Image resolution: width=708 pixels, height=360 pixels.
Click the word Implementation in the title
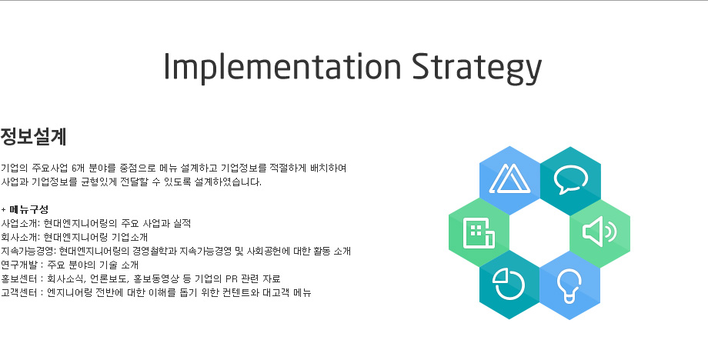point(282,66)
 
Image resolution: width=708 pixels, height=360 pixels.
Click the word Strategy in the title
point(477,68)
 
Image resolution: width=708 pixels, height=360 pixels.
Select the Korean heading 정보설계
point(33,137)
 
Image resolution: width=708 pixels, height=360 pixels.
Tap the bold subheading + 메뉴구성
point(25,209)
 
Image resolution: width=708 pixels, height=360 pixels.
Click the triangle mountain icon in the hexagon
point(509,178)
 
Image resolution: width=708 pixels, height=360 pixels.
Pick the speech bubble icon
point(571,179)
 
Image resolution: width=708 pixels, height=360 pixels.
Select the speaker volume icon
point(599,232)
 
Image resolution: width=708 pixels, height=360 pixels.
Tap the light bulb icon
point(569,286)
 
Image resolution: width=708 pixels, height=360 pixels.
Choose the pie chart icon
point(509,284)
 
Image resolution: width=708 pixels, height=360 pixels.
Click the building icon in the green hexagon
point(479,233)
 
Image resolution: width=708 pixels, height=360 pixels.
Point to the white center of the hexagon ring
point(539,233)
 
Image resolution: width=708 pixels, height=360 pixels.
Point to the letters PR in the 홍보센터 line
point(232,279)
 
